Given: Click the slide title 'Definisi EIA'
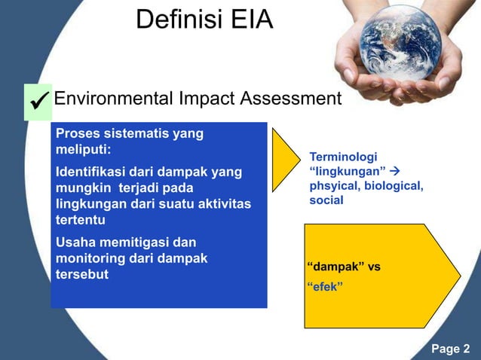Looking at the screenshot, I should [x=204, y=20].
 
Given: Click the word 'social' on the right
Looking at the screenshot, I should [x=326, y=200].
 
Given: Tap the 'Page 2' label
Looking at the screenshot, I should [x=450, y=348].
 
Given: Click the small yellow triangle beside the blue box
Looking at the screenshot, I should [x=283, y=159].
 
